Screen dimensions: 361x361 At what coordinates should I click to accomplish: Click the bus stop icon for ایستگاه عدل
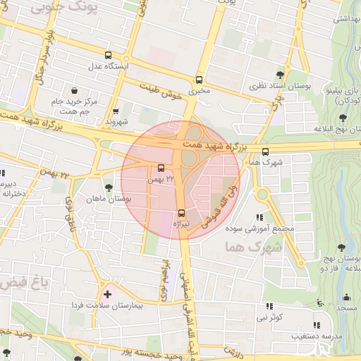108,55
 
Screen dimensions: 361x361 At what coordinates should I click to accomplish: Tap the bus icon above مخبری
199,80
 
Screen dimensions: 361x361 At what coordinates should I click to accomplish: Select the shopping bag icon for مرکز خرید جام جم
75,90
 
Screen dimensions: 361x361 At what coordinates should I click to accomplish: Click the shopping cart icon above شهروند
116,111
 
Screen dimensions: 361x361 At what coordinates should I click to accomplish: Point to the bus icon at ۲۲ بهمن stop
161,168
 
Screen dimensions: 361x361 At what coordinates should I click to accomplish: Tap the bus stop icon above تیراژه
181,212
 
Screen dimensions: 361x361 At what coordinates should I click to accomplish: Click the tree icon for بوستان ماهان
108,188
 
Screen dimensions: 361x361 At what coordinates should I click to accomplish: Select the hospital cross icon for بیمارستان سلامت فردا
107,293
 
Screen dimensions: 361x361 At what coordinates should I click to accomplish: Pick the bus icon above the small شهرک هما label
265,152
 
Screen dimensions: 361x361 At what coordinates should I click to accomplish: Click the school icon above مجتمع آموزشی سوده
259,218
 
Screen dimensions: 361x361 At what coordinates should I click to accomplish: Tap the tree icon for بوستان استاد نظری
281,74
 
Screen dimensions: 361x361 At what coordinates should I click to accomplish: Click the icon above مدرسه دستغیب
316,325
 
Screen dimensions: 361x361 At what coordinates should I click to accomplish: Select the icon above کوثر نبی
269,307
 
